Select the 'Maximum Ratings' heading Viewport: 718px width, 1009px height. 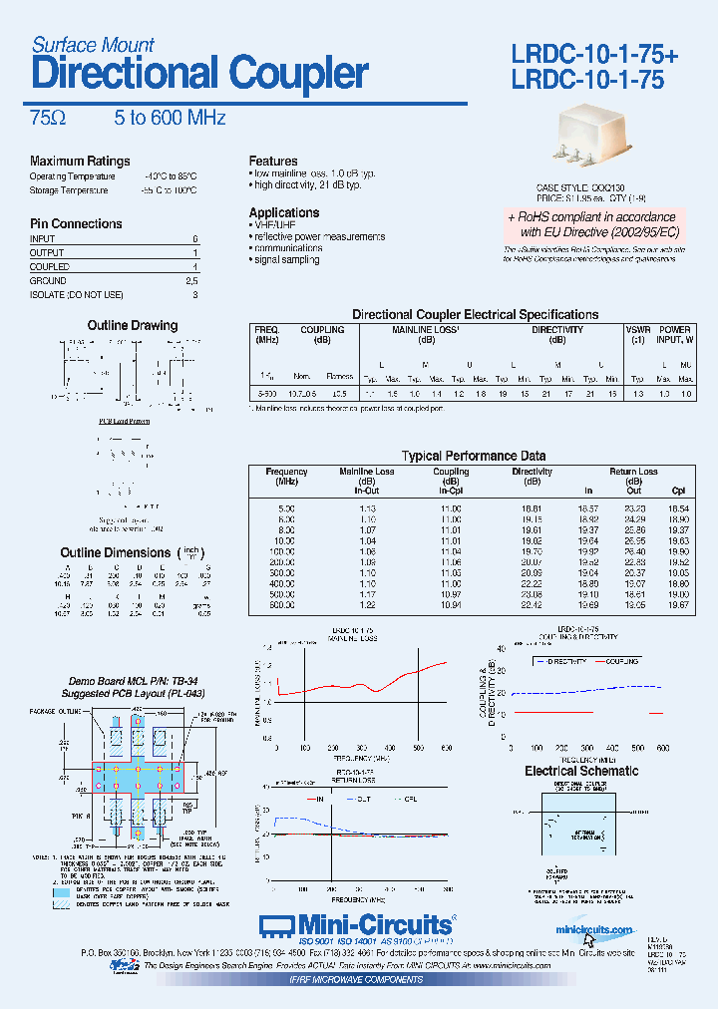80,162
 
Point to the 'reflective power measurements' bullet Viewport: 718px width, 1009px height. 318,237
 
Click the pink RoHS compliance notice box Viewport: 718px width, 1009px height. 591,224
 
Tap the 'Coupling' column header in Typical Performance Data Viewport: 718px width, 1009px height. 451,472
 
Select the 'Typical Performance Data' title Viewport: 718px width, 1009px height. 474,456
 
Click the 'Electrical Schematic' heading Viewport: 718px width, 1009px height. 581,771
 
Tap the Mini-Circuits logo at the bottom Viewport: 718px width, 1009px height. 358,923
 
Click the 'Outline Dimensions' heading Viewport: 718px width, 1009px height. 116,552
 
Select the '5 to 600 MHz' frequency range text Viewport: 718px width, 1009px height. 170,118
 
